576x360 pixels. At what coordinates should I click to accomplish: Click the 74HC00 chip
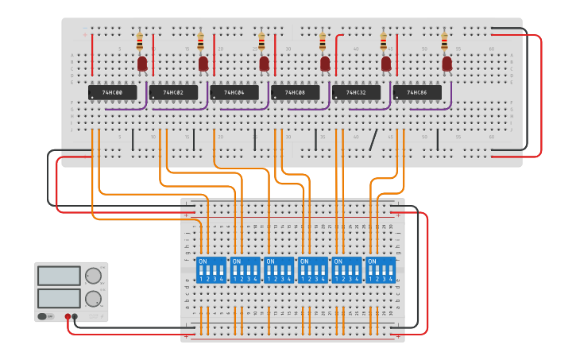112,93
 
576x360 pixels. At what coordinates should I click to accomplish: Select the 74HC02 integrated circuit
173,93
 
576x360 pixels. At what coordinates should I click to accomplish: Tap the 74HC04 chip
234,93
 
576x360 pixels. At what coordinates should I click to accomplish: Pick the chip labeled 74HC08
295,93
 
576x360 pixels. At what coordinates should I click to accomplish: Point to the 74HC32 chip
356,93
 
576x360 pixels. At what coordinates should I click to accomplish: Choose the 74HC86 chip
417,93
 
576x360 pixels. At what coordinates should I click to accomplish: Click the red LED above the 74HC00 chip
142,64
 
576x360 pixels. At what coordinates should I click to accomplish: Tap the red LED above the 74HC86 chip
447,64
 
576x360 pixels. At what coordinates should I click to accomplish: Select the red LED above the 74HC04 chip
265,64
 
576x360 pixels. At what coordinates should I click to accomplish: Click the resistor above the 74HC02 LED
201,41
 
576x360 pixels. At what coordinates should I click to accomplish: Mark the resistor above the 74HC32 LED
384,41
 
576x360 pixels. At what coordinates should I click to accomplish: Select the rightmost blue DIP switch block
380,269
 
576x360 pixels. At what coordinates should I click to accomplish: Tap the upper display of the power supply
59,276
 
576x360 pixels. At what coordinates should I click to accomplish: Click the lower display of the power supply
59,299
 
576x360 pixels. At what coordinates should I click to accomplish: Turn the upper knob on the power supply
93,276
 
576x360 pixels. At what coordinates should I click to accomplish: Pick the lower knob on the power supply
93,299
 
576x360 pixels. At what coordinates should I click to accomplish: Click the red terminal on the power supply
68,317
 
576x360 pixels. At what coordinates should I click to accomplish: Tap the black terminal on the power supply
75,317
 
